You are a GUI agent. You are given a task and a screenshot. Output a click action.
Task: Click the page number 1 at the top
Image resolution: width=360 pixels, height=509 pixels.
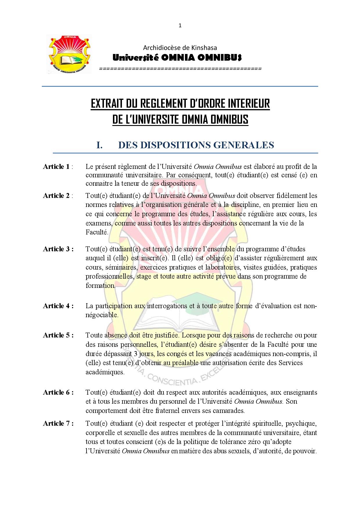(x=180, y=26)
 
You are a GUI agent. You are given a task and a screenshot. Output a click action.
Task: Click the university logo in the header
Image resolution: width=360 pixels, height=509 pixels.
(x=69, y=54)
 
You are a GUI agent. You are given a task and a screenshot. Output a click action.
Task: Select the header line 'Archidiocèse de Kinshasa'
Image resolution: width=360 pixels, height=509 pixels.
(x=180, y=48)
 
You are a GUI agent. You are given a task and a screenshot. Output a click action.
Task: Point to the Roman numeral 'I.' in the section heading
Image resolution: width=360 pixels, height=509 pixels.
(x=99, y=145)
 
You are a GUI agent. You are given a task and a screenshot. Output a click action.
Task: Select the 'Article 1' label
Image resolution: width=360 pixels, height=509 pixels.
(x=56, y=167)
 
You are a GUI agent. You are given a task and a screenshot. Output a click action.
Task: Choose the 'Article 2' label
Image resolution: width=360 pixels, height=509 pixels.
(x=56, y=196)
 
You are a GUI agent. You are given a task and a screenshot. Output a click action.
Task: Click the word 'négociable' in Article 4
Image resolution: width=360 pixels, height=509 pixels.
(x=102, y=315)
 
